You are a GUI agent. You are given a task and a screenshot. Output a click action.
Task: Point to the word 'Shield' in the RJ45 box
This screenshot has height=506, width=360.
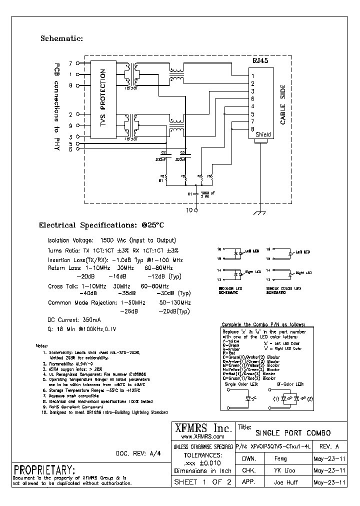point(263,135)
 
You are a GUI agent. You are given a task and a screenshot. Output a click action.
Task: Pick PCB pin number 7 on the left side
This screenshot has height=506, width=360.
point(70,63)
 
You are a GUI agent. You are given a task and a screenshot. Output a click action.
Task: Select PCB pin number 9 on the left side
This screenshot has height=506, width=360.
point(70,125)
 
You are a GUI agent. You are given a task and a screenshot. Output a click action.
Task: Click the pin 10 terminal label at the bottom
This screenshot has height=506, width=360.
point(189,210)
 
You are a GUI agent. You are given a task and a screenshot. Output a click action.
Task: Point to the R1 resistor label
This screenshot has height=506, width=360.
point(161,181)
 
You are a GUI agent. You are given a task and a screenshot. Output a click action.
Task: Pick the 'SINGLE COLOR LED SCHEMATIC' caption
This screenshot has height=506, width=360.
point(283,290)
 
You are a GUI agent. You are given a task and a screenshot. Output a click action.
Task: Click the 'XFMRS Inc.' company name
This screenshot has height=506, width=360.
point(202,428)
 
